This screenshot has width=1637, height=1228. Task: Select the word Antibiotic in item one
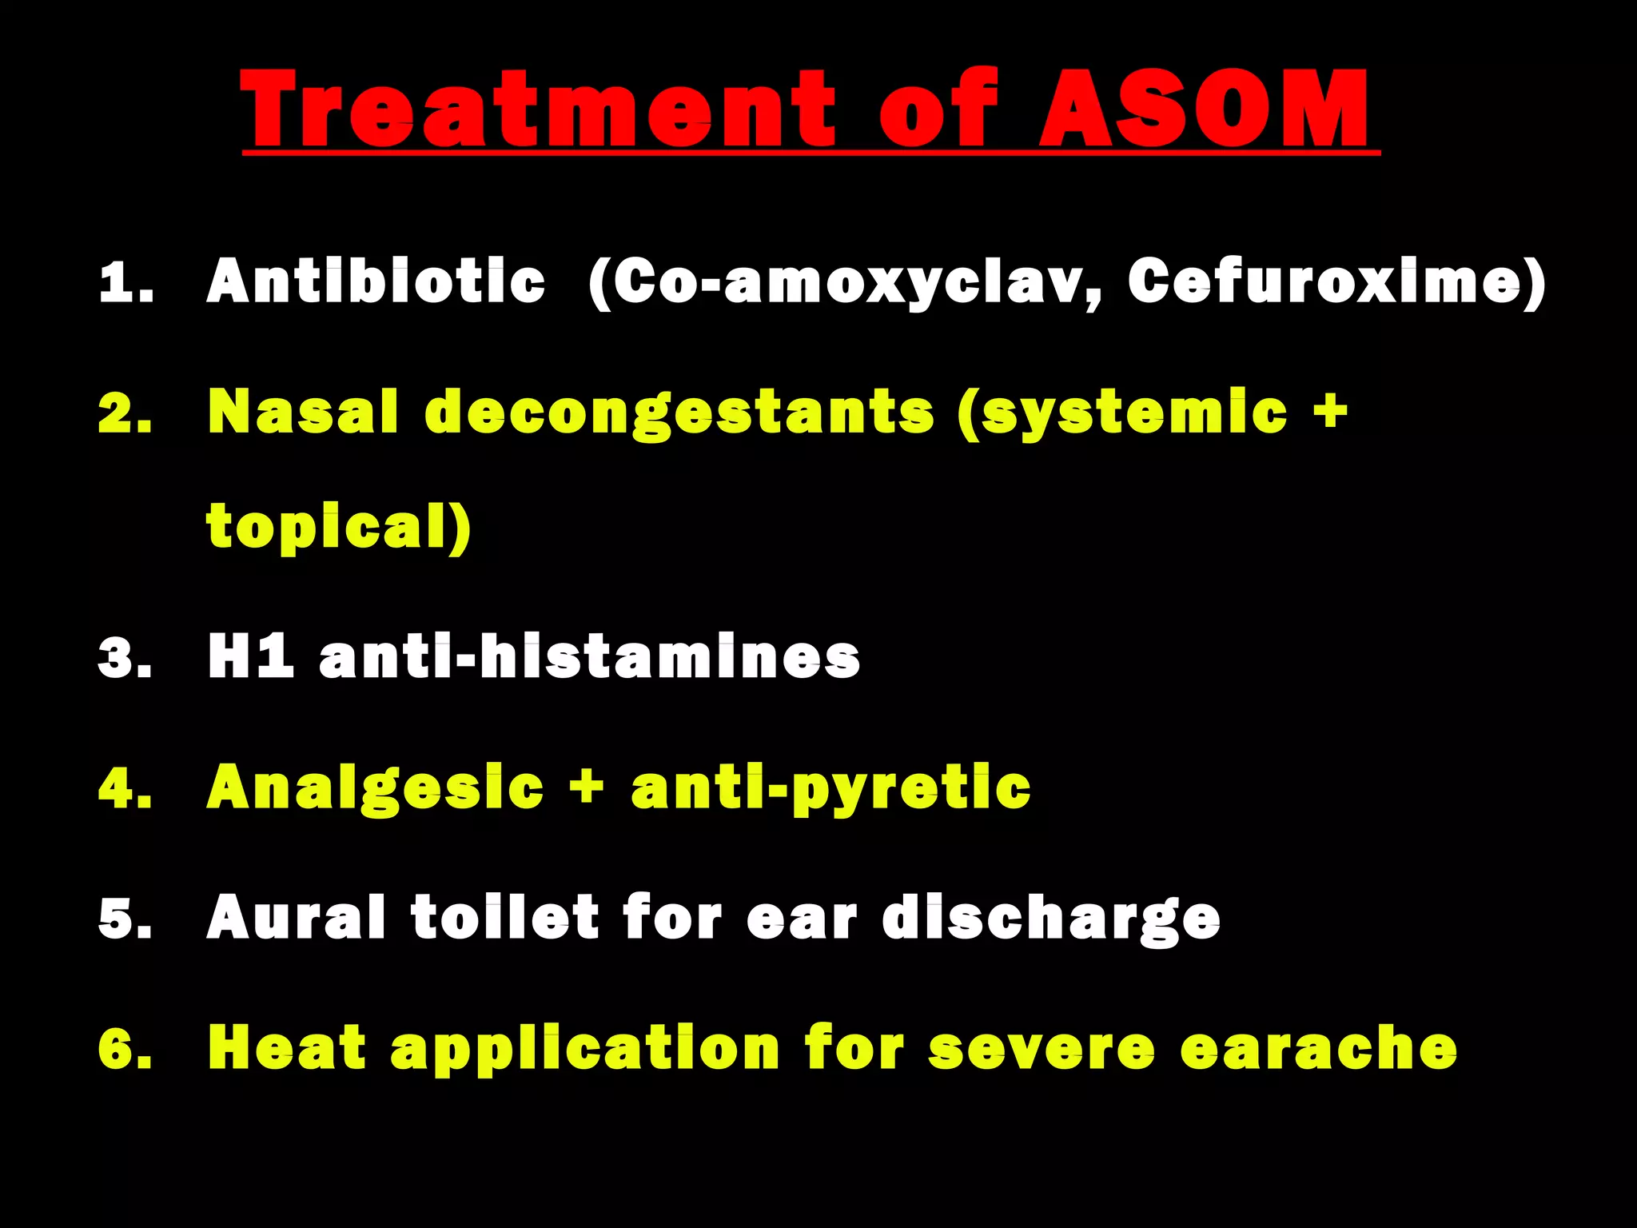(376, 281)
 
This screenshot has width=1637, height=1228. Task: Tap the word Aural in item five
(296, 917)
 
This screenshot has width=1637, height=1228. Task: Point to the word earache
(1318, 1047)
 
